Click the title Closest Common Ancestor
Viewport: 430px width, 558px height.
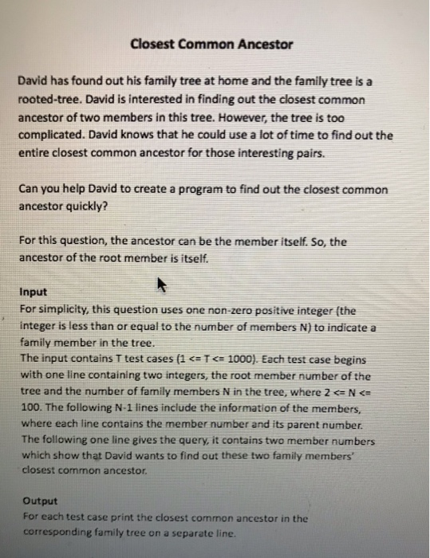point(211,44)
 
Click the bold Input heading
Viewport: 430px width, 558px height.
point(33,293)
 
